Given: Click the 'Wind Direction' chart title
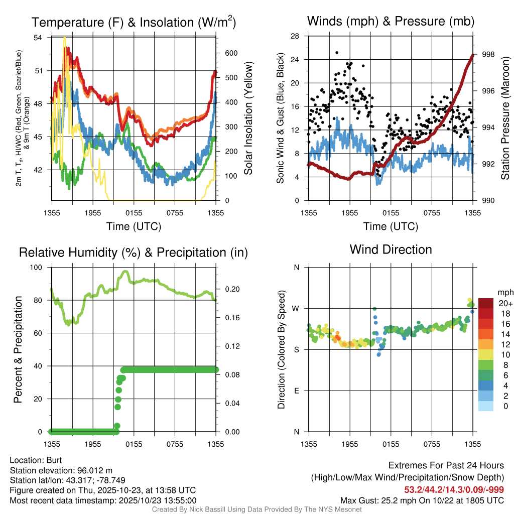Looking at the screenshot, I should (391, 249).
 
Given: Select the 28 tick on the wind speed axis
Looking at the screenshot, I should (296, 36).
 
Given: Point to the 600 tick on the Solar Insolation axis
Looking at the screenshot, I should (230, 53).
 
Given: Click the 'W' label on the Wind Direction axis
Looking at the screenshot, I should (297, 308).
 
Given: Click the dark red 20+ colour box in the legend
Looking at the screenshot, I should (486, 303).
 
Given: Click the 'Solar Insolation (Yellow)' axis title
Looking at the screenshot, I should (248, 118).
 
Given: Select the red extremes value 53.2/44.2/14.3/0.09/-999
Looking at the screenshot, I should (454, 489).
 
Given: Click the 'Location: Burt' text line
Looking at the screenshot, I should (36, 460).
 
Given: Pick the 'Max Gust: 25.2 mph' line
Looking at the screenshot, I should (422, 500).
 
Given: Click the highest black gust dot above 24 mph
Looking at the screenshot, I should (337, 52).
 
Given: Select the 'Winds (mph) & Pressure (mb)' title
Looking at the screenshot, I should (391, 22).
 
